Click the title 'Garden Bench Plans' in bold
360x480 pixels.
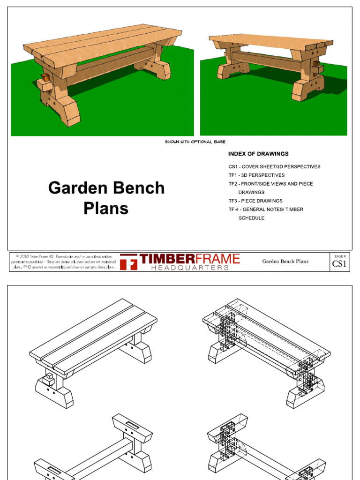click(x=106, y=198)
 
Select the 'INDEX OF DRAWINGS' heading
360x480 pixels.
click(x=258, y=154)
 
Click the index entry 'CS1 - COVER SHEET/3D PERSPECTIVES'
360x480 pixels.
click(x=274, y=166)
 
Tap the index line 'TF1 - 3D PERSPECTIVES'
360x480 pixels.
click(x=256, y=175)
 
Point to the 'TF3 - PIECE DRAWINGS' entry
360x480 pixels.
click(x=255, y=201)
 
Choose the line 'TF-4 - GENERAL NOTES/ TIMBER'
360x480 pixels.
click(x=266, y=209)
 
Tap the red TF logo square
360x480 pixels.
click(x=128, y=262)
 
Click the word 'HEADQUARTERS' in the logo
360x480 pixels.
click(x=190, y=268)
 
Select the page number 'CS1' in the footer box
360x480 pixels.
click(x=339, y=264)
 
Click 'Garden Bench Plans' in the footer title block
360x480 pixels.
click(x=285, y=262)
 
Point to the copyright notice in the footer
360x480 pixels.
click(x=63, y=262)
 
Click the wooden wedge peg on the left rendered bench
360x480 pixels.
click(x=45, y=77)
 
